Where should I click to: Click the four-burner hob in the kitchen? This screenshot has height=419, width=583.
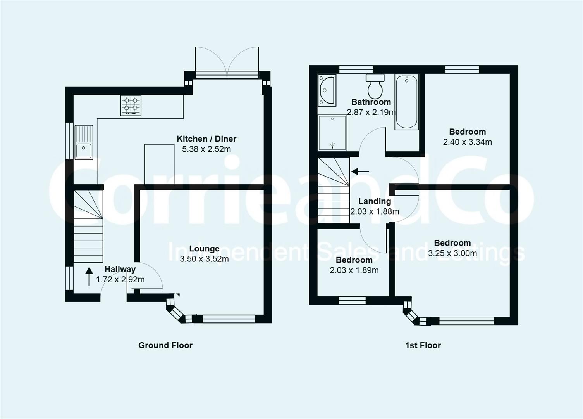(x=131, y=106)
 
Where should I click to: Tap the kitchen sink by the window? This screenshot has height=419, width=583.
(x=84, y=142)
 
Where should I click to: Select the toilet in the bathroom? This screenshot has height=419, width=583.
(x=375, y=86)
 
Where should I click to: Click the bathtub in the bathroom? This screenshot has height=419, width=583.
(x=406, y=102)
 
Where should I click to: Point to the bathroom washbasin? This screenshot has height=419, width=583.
(x=327, y=90)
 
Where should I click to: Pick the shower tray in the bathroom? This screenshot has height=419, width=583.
(x=332, y=133)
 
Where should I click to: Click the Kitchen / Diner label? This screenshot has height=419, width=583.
(x=206, y=139)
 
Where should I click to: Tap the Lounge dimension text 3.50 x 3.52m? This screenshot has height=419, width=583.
(x=204, y=259)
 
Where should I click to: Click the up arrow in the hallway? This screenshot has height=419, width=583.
(x=89, y=276)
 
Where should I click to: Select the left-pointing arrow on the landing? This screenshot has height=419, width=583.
(x=360, y=171)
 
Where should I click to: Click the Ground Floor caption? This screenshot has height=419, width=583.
(x=165, y=345)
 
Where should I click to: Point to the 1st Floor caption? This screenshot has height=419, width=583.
(x=423, y=345)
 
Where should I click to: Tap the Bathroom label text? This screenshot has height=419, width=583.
(x=371, y=102)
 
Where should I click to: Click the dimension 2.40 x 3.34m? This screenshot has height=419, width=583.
(x=468, y=142)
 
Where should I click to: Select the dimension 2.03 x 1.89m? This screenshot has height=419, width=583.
(x=354, y=270)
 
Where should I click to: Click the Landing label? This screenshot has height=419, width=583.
(x=375, y=201)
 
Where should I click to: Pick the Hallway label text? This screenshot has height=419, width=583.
(x=120, y=269)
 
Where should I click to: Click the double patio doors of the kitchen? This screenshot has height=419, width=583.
(x=227, y=62)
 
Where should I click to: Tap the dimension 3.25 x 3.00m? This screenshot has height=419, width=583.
(x=452, y=253)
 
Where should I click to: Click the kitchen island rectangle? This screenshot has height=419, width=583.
(x=159, y=164)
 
